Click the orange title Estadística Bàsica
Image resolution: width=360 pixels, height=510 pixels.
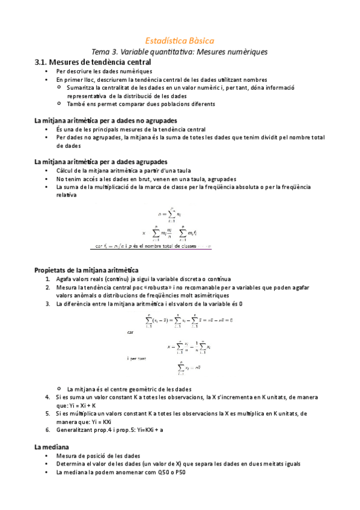coord(179,40)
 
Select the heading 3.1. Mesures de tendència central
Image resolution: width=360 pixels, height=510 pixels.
coord(93,62)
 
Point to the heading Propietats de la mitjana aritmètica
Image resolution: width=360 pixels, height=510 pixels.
coord(87,270)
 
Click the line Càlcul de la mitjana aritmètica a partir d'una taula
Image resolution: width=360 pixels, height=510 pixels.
coord(123,171)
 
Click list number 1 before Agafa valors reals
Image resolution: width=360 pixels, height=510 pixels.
coord(47,279)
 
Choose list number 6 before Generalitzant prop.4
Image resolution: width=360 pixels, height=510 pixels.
coord(47,430)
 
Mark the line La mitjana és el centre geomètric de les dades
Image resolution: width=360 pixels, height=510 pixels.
coord(130,389)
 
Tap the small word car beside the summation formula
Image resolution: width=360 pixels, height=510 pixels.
coord(130,331)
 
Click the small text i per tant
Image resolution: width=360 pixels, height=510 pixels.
coord(137,358)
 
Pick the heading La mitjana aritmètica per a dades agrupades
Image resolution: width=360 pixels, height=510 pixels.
coord(101,162)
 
